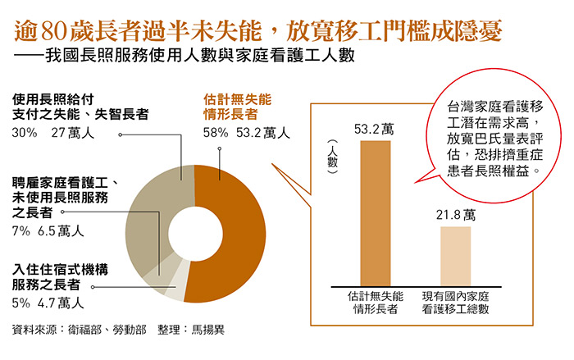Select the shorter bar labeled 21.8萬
click(456, 255)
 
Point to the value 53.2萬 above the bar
click(375, 129)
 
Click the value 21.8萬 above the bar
click(456, 216)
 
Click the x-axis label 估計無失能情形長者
click(375, 303)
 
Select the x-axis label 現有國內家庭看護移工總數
click(456, 303)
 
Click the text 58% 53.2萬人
click(247, 131)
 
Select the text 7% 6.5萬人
click(48, 231)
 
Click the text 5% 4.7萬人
click(48, 303)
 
